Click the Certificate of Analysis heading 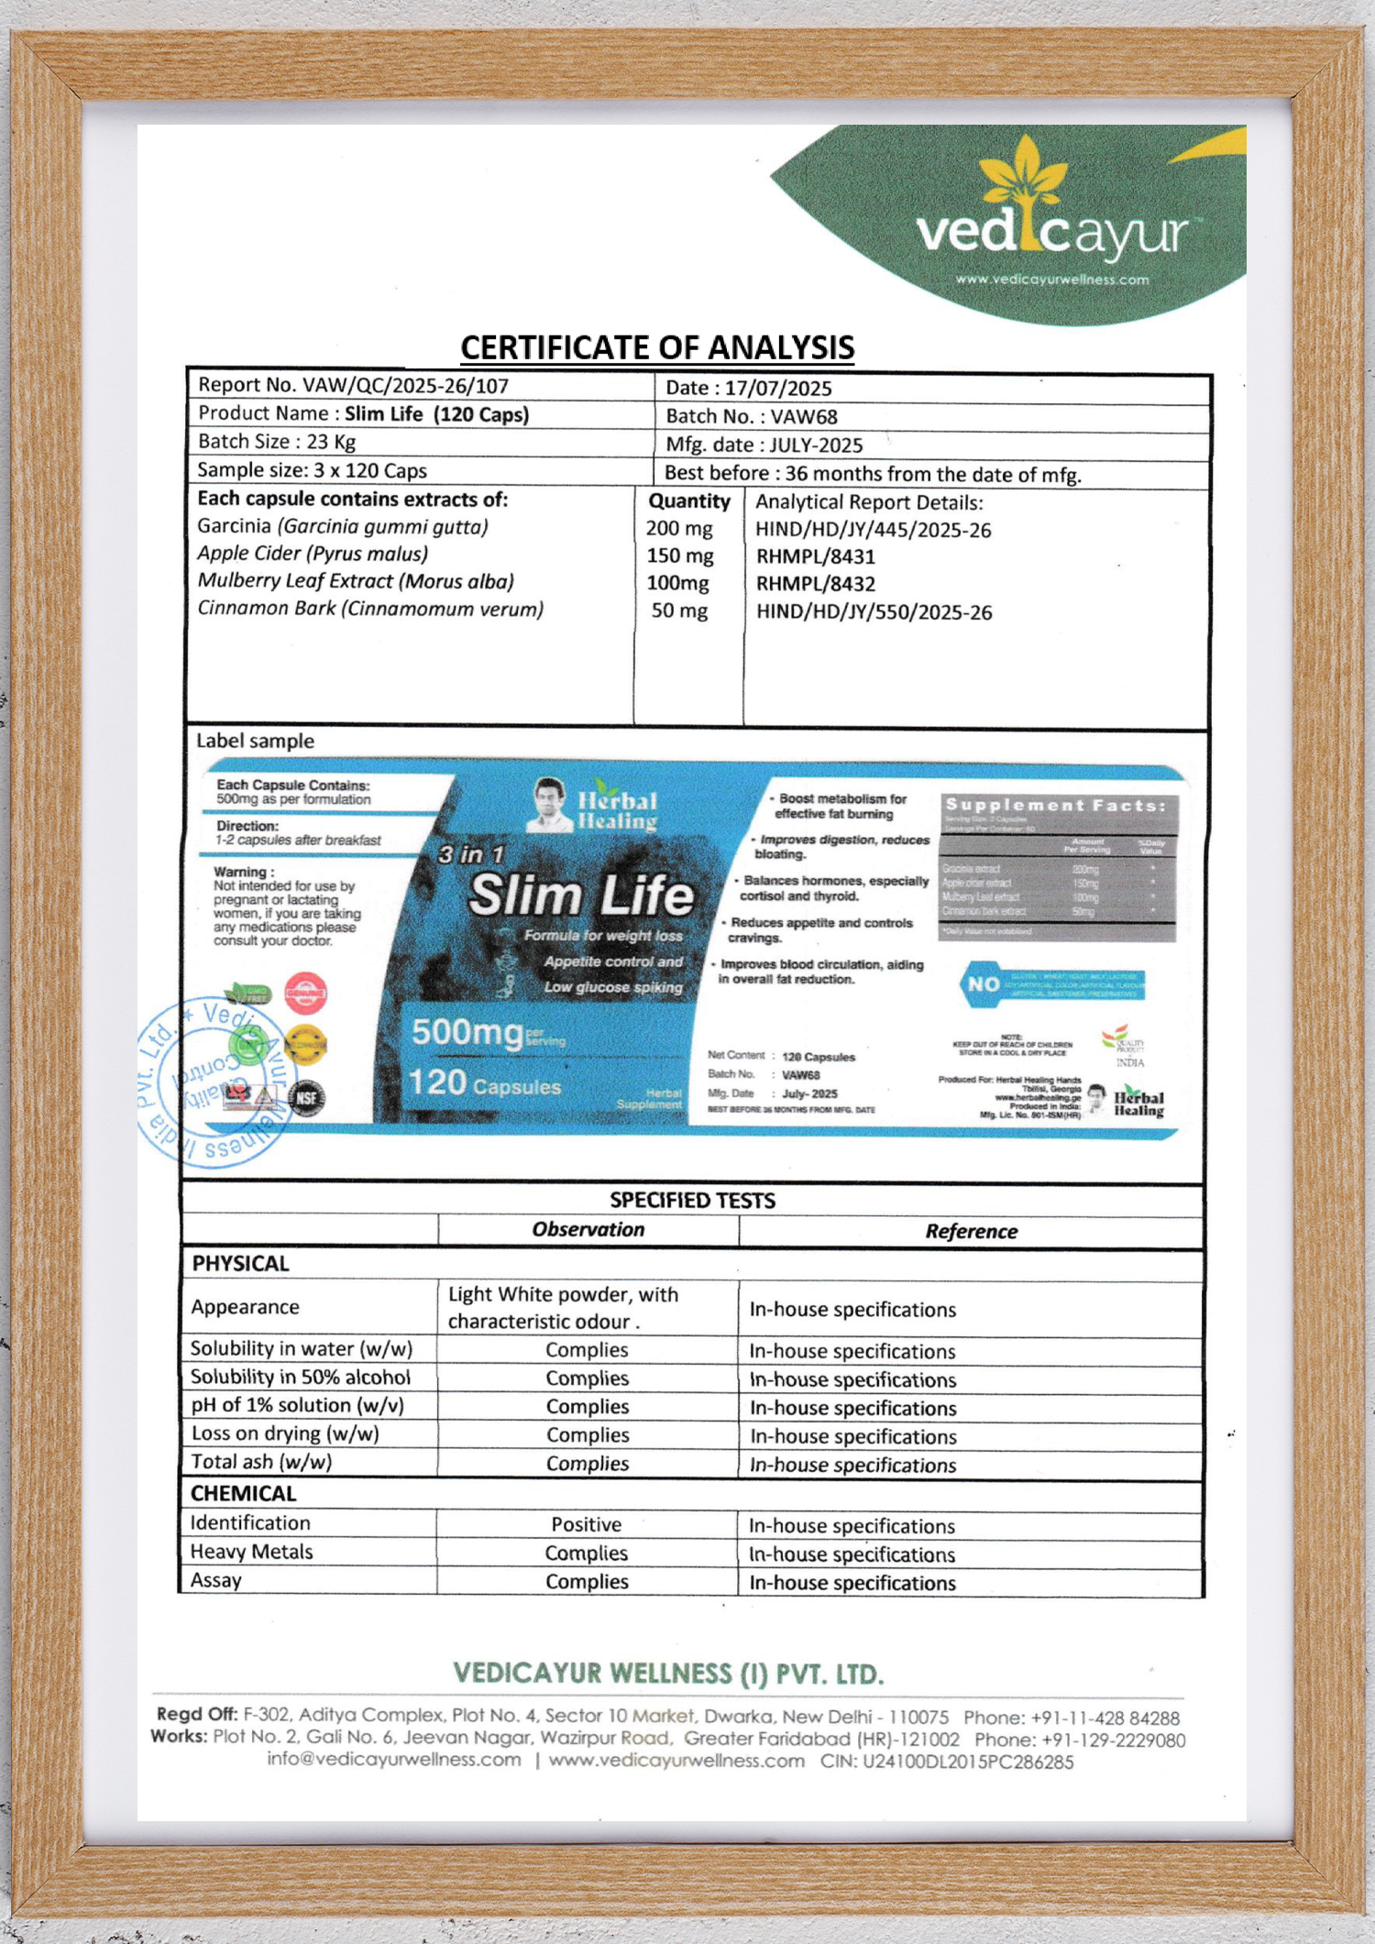(x=657, y=347)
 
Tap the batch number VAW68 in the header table (x=804, y=417)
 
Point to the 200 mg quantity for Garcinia (x=679, y=529)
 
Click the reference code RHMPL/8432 (x=815, y=584)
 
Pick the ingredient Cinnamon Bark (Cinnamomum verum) (x=370, y=609)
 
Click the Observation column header (x=588, y=1230)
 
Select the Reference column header (x=971, y=1231)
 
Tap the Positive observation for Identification (x=586, y=1524)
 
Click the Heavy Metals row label (x=251, y=1552)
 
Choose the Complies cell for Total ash (x=587, y=1464)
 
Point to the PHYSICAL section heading (x=240, y=1264)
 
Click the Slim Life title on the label (x=581, y=895)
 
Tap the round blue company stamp (x=214, y=1082)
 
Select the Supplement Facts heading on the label (x=1056, y=806)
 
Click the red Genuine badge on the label (x=305, y=993)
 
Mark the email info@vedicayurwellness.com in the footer (x=394, y=1760)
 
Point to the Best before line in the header (x=873, y=474)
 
